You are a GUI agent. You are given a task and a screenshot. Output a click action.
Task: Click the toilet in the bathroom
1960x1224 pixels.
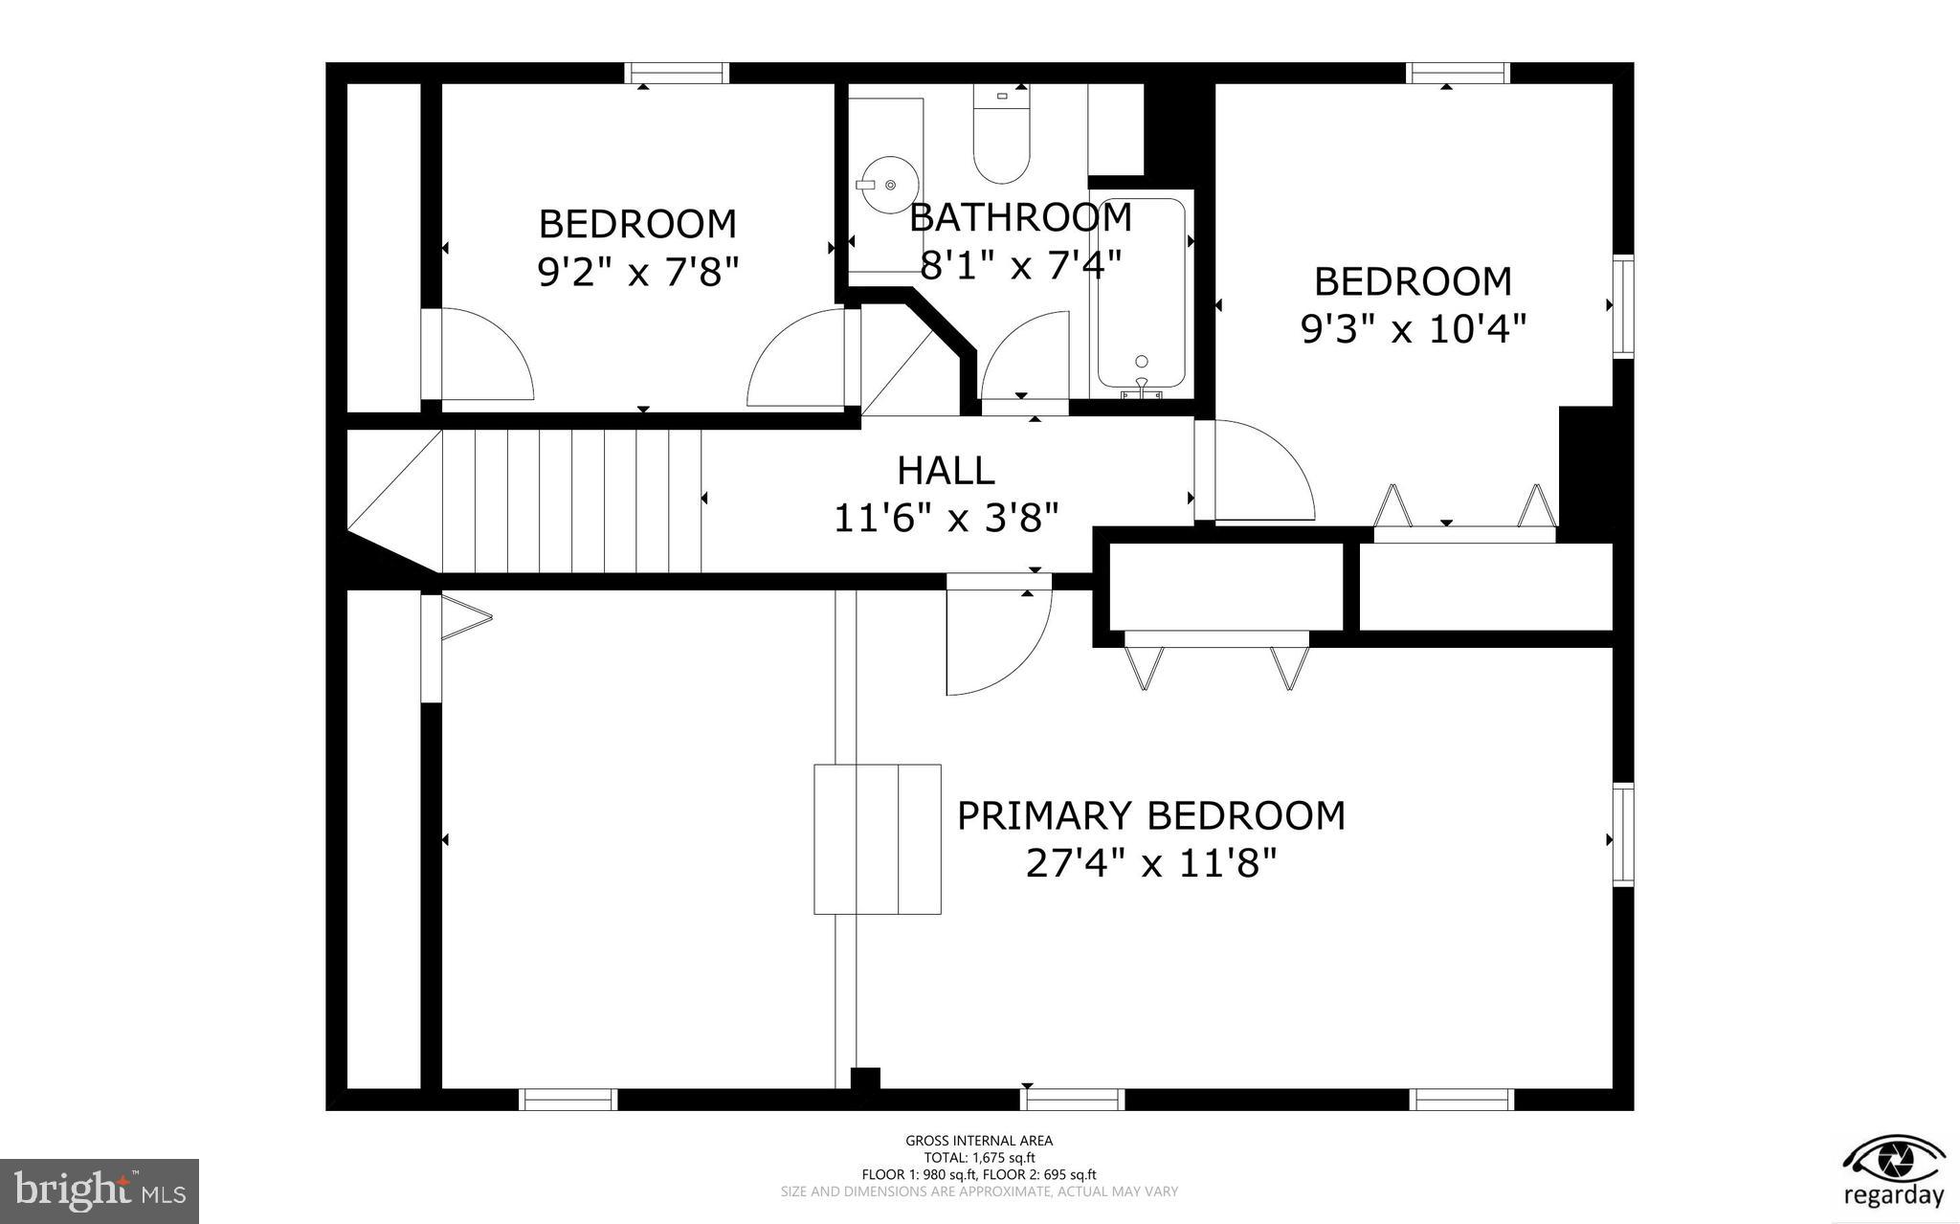(1001, 139)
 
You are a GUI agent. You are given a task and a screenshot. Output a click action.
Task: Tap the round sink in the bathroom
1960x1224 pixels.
(888, 184)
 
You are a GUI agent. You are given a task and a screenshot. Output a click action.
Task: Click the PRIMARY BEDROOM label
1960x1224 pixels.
(1151, 816)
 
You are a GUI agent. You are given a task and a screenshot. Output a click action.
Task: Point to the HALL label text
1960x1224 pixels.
(946, 470)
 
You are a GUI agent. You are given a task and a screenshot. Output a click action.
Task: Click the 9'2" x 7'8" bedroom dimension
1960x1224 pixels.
(638, 273)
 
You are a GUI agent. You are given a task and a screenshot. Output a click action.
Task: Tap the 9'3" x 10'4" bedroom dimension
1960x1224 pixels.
(1413, 330)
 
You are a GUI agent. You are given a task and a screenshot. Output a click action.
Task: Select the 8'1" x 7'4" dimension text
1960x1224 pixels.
(1020, 265)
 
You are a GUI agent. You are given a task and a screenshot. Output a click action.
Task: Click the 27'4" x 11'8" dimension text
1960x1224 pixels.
(1151, 864)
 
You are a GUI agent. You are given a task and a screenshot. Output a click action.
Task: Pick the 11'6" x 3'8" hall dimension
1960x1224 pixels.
(947, 519)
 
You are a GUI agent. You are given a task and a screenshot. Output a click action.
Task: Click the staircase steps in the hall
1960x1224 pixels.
(571, 501)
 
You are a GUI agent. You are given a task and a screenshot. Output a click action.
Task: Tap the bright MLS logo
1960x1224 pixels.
(100, 1191)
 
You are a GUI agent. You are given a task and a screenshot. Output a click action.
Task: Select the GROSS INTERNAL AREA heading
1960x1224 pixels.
(979, 1141)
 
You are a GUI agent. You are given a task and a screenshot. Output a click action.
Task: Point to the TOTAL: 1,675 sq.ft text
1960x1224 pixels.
(979, 1158)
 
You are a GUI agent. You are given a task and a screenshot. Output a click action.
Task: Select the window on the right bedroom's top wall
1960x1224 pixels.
(1458, 73)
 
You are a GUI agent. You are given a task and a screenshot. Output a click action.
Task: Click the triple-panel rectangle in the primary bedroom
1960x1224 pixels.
(878, 838)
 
